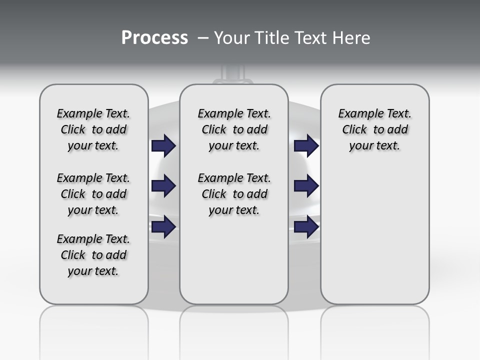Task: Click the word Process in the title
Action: [154, 38]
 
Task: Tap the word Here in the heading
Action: [352, 38]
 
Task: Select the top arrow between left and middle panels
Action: [163, 146]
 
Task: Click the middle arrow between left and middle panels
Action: [163, 186]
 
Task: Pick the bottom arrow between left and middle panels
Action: [163, 227]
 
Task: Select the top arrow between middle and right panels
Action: [306, 146]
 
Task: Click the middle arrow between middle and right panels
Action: [306, 186]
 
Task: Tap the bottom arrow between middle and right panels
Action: [306, 227]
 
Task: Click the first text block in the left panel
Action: [93, 129]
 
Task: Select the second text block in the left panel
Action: [93, 194]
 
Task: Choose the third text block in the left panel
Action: [93, 255]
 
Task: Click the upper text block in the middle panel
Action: [234, 129]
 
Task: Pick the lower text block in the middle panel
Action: [234, 194]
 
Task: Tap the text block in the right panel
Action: [374, 129]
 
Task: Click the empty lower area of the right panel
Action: [374, 240]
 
